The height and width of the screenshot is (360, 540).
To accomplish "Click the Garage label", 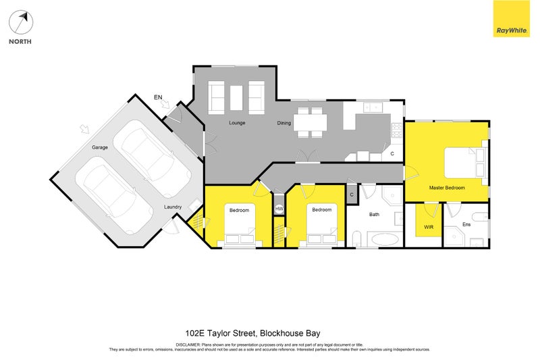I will click(100, 147).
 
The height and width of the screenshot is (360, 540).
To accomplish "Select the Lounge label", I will click(236, 123).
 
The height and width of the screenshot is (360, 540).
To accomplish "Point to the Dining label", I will click(284, 123).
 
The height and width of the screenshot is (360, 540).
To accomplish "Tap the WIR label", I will click(429, 227).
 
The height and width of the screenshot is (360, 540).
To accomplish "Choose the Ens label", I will click(466, 224).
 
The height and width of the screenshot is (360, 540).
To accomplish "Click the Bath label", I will click(375, 215).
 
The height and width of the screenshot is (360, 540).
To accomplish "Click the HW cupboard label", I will click(279, 209).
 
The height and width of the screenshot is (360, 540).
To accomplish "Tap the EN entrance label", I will click(159, 99).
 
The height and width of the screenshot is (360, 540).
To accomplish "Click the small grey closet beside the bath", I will click(352, 195).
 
